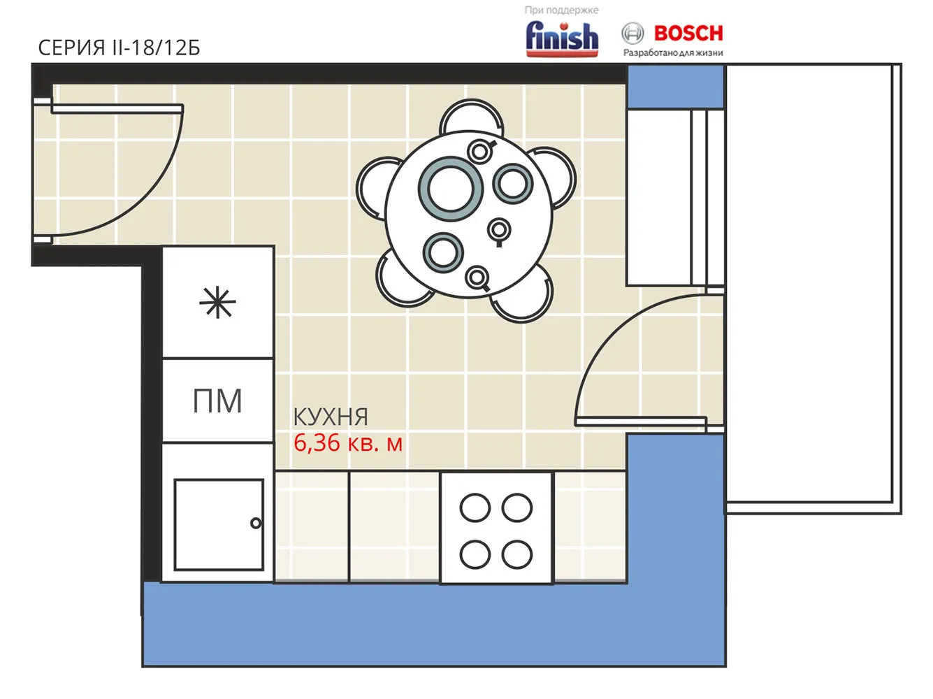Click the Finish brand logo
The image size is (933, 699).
point(562,39)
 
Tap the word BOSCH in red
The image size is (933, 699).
point(688,34)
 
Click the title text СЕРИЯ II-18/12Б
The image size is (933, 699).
point(119,48)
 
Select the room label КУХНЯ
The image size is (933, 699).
point(331,417)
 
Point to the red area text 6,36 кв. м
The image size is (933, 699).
point(348,443)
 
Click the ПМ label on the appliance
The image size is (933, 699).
point(217,401)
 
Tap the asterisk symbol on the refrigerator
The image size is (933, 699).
point(217,303)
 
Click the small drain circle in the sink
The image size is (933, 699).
point(256,523)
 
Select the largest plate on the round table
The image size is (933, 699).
point(451,189)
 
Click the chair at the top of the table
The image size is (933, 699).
point(471,115)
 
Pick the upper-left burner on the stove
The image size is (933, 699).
point(475,507)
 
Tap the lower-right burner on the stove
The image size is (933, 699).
point(517,554)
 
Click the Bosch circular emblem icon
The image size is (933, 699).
point(632,33)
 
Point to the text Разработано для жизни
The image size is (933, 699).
point(673,52)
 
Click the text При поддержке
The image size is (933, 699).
point(561,10)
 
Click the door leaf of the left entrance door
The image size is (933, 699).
point(117,109)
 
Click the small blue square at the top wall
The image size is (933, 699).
point(676,86)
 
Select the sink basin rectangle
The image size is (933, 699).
point(219,525)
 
